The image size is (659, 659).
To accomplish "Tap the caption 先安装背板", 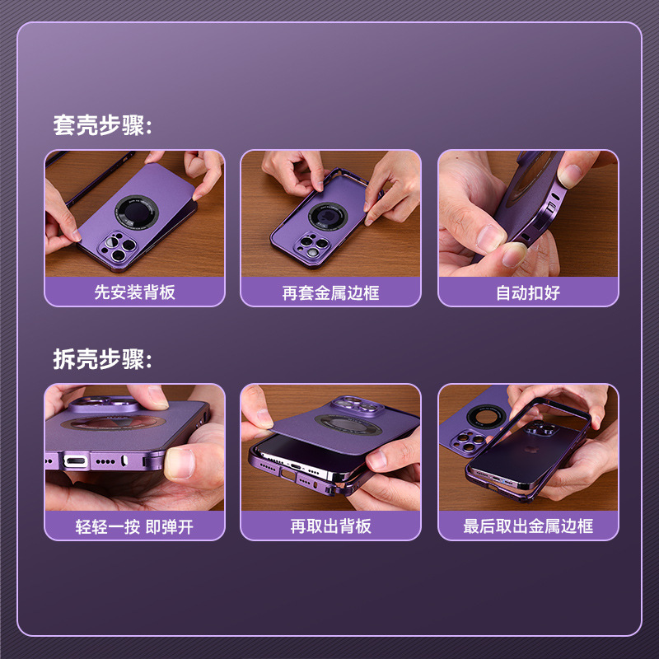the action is pos(134,292).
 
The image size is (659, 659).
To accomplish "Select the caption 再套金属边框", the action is pos(331,292).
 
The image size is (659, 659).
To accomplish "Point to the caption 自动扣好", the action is pos(528,292).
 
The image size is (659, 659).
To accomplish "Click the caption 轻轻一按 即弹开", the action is pos(134,526).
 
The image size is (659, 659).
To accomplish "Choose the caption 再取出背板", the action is pos(331,526).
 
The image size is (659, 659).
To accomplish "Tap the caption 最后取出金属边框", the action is pos(528,526).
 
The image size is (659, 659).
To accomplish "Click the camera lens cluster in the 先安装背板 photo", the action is pos(117,248).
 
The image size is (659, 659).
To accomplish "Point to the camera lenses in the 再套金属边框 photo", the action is pos(313,245).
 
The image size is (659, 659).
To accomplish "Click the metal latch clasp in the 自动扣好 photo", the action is pos(549,208).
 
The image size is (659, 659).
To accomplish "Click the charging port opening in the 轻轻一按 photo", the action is pos(76,461).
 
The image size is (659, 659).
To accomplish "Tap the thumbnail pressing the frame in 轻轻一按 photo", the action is pos(180,463).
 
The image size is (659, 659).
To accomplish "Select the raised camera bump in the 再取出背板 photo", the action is pos(358,406).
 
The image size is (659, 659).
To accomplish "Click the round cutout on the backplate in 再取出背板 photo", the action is pos(348,423).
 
